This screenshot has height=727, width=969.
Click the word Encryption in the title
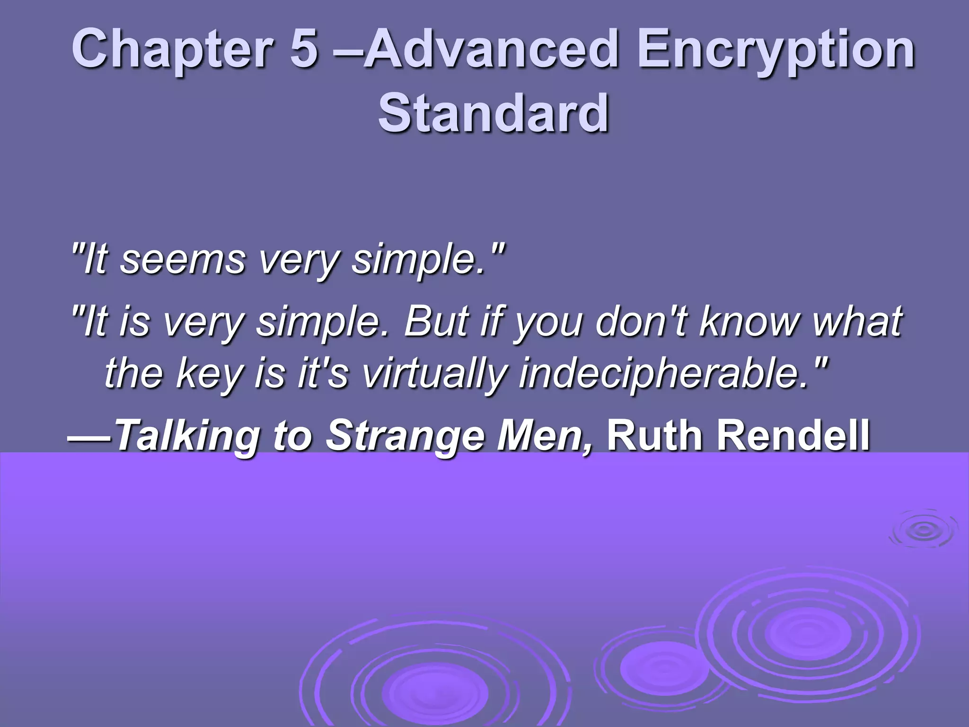pos(775,50)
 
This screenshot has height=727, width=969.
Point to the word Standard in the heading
pos(493,114)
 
